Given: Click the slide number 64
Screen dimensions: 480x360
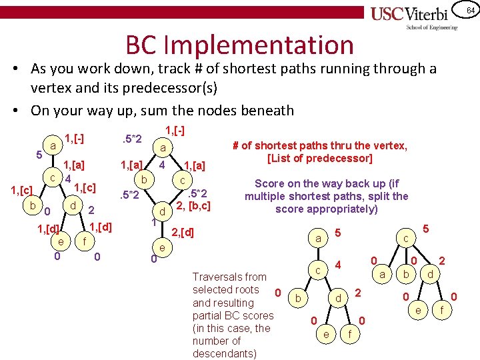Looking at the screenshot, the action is click(x=469, y=11).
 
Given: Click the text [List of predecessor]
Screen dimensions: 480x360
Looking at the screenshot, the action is click(x=319, y=158).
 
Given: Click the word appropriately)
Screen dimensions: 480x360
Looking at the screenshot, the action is click(x=327, y=209).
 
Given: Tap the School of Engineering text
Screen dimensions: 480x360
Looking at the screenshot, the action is click(x=433, y=27).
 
